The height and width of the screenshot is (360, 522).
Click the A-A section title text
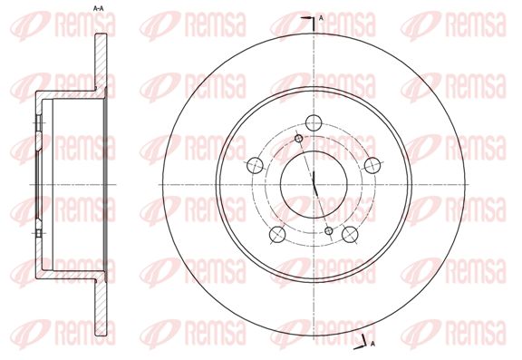98,9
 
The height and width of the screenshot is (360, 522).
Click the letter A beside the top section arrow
321,19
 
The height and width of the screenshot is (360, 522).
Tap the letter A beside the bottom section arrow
372,344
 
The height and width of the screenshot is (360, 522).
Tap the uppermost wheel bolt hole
314,123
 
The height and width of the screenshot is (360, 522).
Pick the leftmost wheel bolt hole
256,165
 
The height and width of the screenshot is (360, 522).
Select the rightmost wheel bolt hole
372,165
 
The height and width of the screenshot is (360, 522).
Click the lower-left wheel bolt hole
277,234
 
